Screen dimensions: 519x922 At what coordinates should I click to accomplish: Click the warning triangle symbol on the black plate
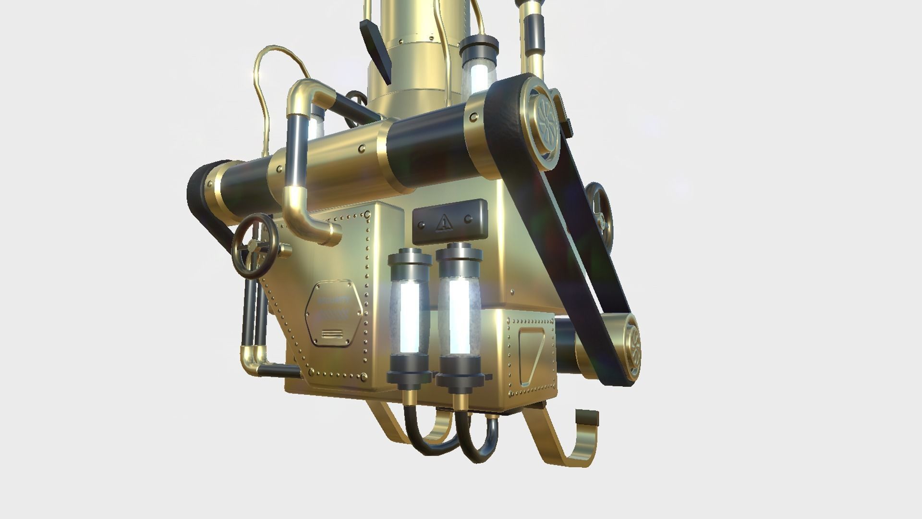click(444, 222)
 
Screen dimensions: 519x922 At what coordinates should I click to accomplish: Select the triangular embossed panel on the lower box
click(532, 356)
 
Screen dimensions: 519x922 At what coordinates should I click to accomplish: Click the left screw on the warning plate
click(421, 224)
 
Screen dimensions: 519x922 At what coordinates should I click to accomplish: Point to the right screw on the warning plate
click(467, 220)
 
